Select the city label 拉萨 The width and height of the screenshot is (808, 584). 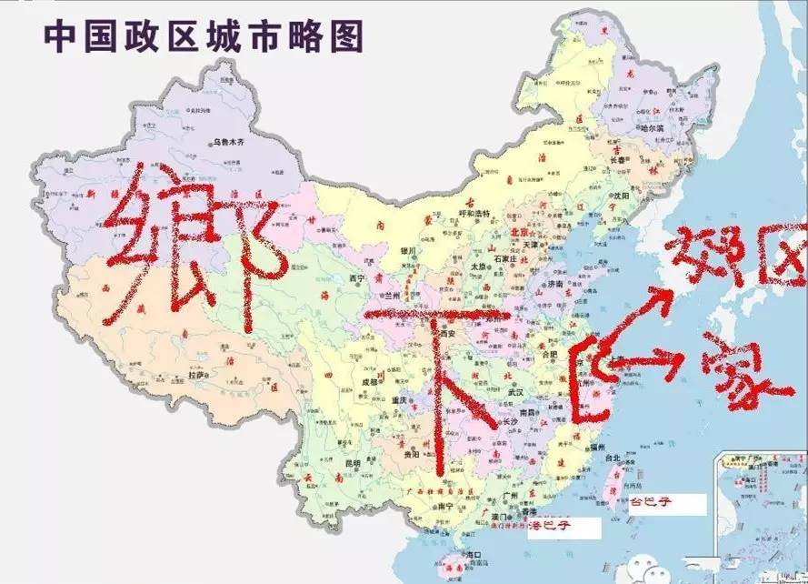point(195,375)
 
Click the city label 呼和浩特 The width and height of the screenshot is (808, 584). point(474,214)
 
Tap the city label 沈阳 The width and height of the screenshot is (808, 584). point(622,195)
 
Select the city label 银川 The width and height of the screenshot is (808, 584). point(405,250)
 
